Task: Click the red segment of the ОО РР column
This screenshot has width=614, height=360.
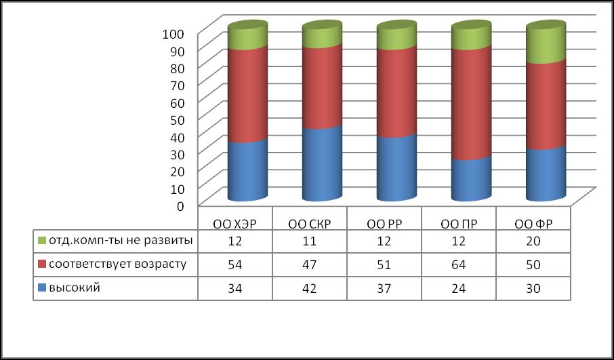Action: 396,92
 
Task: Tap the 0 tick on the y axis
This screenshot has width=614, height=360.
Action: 180,205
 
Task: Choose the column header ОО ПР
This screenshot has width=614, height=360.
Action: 459,223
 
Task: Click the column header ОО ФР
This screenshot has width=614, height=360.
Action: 533,223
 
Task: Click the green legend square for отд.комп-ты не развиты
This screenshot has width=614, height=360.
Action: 41,241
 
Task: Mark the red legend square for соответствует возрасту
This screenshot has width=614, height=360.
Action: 41,264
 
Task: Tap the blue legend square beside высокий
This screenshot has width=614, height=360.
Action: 41,288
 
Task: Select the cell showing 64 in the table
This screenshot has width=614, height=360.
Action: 459,264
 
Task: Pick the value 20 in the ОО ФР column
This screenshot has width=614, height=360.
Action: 533,240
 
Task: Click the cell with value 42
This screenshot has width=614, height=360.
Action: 310,288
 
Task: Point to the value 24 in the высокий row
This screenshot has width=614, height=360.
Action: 459,288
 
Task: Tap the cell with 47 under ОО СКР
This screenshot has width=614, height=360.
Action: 310,264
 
